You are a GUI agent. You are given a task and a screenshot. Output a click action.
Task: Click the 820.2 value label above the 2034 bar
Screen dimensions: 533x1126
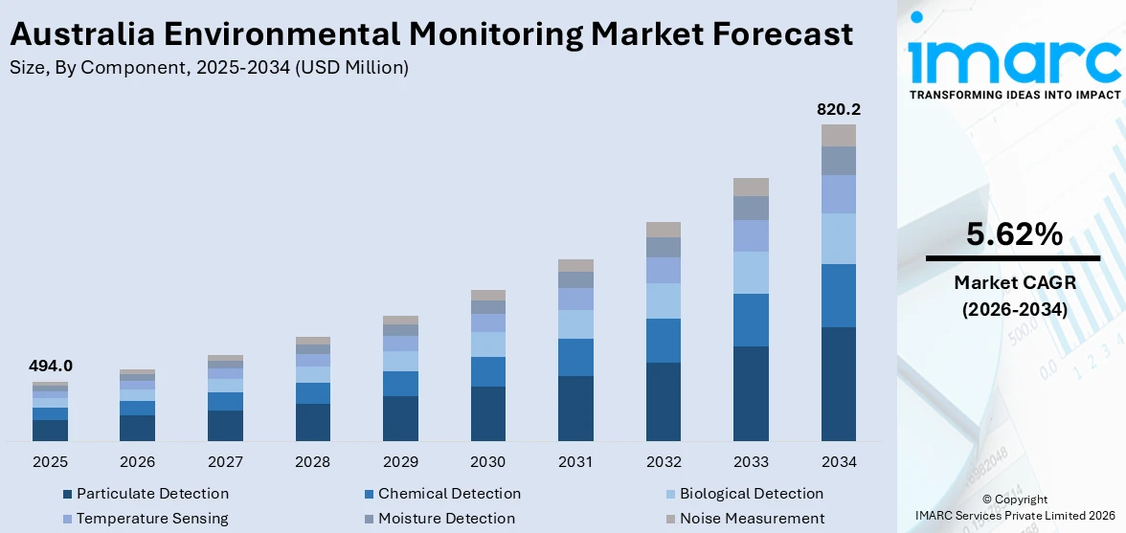(x=838, y=110)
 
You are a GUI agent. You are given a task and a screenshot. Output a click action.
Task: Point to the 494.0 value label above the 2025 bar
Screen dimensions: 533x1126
(x=50, y=366)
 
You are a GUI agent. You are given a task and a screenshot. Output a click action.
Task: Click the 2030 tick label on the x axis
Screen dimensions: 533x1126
(x=487, y=462)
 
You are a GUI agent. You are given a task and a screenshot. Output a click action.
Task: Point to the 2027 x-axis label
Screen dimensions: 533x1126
(x=225, y=462)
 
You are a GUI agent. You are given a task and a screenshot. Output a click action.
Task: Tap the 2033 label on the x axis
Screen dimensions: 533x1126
(x=751, y=462)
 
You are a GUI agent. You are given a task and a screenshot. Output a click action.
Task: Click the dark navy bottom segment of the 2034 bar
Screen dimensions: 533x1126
(x=838, y=383)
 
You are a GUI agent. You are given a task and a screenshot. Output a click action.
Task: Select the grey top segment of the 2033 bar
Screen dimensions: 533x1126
(x=751, y=187)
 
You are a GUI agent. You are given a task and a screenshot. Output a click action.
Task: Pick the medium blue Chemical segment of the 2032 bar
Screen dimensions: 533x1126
(x=663, y=340)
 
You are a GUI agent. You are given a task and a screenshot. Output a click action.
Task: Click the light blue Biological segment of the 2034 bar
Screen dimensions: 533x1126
(x=838, y=238)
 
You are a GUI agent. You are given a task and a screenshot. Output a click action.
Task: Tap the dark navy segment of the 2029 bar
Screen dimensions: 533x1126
(x=400, y=418)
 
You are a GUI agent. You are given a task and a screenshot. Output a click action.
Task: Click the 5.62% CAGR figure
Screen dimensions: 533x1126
(x=1013, y=234)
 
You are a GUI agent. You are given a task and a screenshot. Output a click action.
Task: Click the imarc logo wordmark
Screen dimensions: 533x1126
(x=1013, y=59)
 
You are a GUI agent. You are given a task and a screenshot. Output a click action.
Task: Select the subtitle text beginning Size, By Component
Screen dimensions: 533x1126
(x=209, y=67)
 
